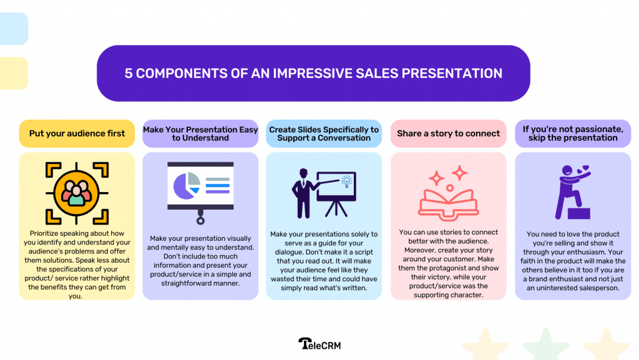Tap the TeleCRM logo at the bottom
coord(319,344)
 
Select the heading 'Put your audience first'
coord(77,134)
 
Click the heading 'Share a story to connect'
coord(448,134)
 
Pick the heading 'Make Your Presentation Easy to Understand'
coord(200,134)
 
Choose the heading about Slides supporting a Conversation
coord(324,134)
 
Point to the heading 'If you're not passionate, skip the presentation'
coord(572,134)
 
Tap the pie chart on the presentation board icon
coord(185,185)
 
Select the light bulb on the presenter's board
coord(346,182)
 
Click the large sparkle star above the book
coord(459,172)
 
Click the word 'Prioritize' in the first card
coord(49,233)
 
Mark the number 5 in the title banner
coord(129,74)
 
